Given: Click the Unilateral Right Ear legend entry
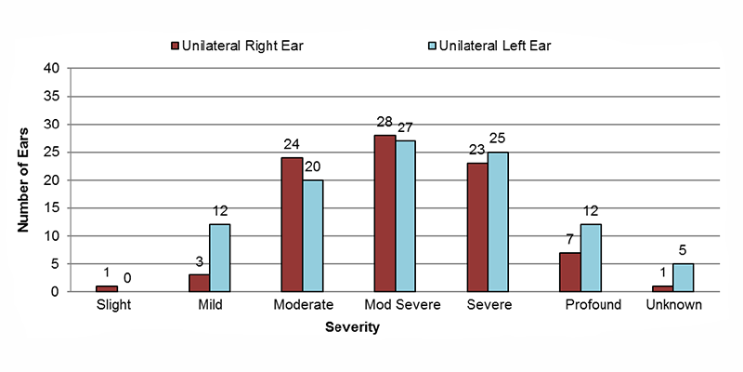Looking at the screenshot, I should (237, 45).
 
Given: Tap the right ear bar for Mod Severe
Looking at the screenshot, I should (385, 213).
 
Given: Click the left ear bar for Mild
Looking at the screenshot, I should (219, 258).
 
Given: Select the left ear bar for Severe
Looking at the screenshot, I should (498, 221).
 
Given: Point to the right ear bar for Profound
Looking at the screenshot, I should (570, 272).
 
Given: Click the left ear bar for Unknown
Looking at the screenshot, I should (684, 277).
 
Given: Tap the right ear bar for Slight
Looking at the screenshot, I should (106, 288).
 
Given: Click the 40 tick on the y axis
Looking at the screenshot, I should (54, 69).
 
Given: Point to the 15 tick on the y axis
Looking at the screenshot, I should (54, 208).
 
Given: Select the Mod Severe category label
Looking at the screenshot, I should (395, 305).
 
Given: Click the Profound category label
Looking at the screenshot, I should (592, 305).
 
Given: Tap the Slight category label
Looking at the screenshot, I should (116, 305).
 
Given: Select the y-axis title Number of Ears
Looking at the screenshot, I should (25, 180).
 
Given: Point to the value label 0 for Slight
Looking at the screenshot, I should (127, 276).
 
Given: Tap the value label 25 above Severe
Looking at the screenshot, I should (499, 139).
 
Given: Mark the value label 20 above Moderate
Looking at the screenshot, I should (313, 166).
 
